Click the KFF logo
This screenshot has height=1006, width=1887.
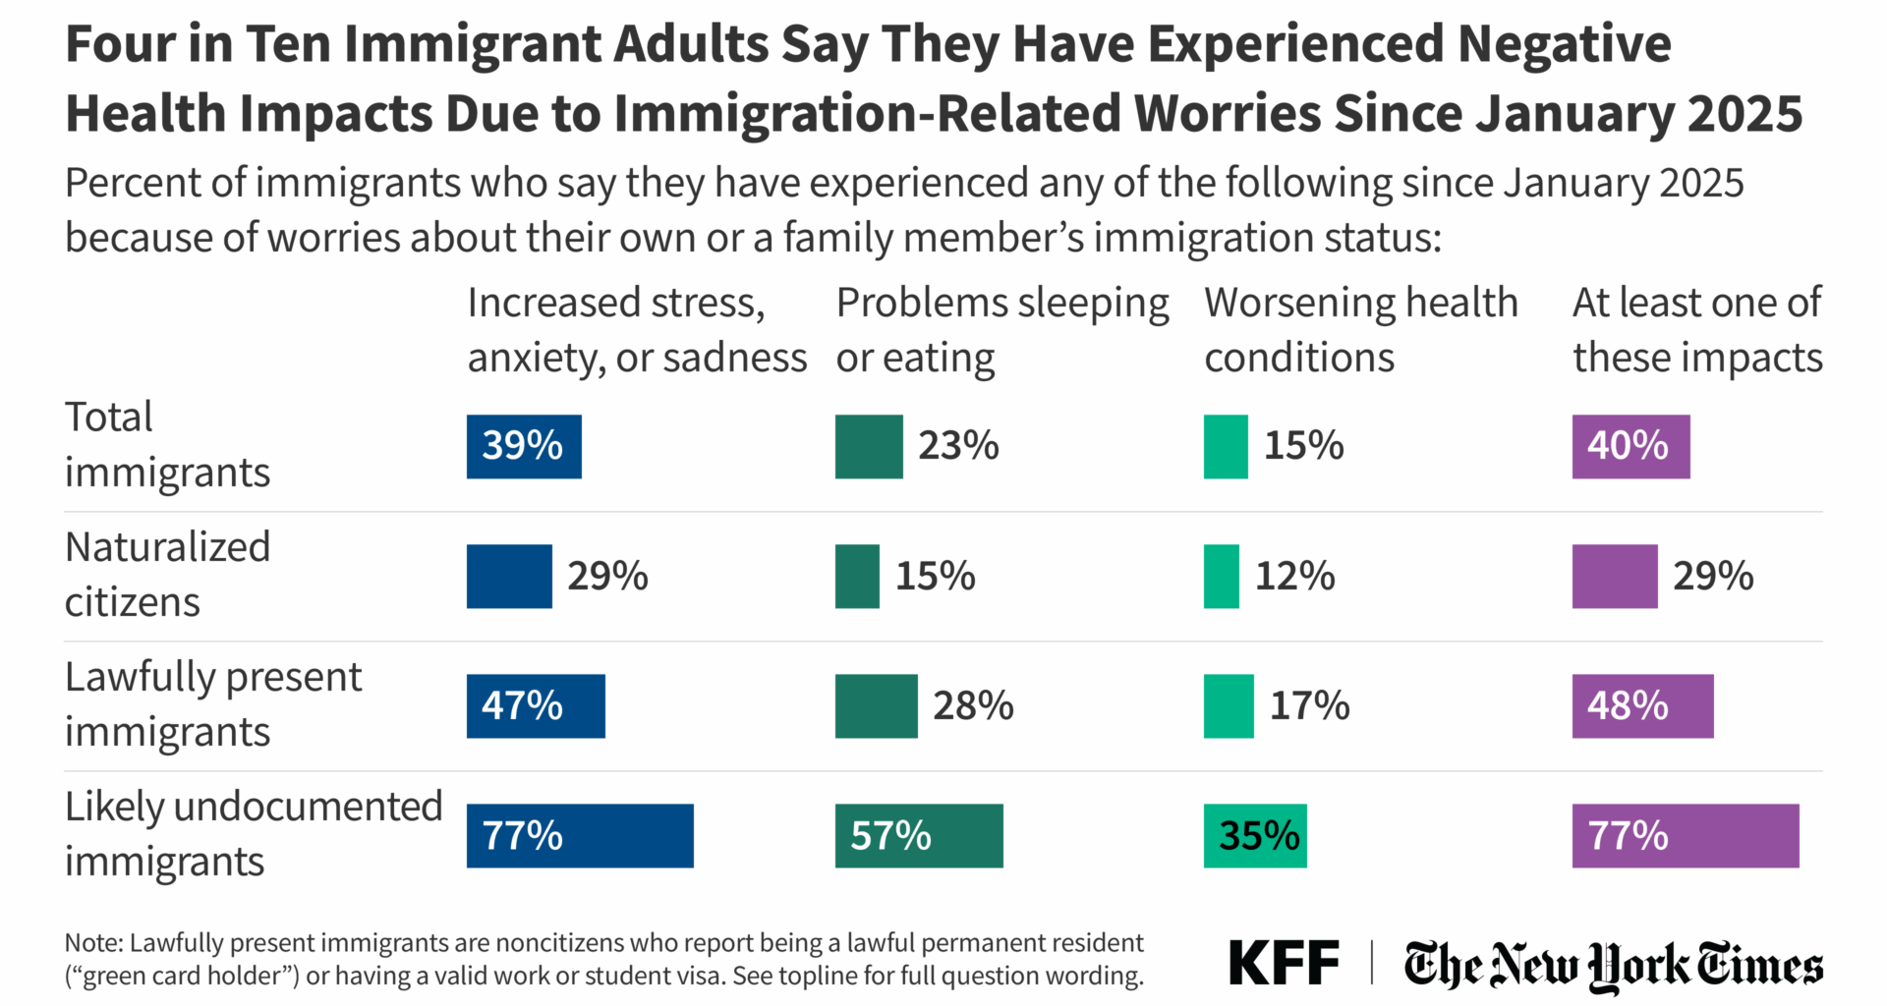click(x=1284, y=963)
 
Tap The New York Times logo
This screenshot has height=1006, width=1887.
click(x=1613, y=965)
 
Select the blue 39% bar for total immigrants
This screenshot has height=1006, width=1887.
click(x=524, y=447)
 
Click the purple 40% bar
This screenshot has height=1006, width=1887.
click(x=1630, y=447)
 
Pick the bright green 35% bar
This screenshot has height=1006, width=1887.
click(x=1255, y=836)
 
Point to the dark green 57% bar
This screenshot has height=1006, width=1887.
click(x=919, y=836)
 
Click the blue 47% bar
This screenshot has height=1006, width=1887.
click(x=536, y=706)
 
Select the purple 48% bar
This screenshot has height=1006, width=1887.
click(x=1642, y=706)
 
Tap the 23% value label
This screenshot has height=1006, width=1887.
click(x=958, y=446)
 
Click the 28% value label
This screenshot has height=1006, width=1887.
click(x=973, y=706)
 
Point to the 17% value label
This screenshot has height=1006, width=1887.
click(x=1309, y=706)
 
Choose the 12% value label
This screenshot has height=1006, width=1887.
click(x=1294, y=577)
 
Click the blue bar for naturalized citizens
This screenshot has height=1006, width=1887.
click(x=509, y=577)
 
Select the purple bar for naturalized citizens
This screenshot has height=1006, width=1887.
click(x=1615, y=577)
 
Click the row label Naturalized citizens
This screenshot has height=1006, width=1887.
click(x=167, y=575)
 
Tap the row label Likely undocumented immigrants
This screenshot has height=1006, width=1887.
click(x=254, y=834)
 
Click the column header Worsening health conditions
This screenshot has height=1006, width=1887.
click(x=1361, y=330)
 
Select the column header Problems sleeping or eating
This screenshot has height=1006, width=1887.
click(x=1002, y=330)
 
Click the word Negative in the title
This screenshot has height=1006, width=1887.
click(x=1564, y=44)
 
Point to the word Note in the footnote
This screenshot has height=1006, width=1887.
click(x=93, y=943)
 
